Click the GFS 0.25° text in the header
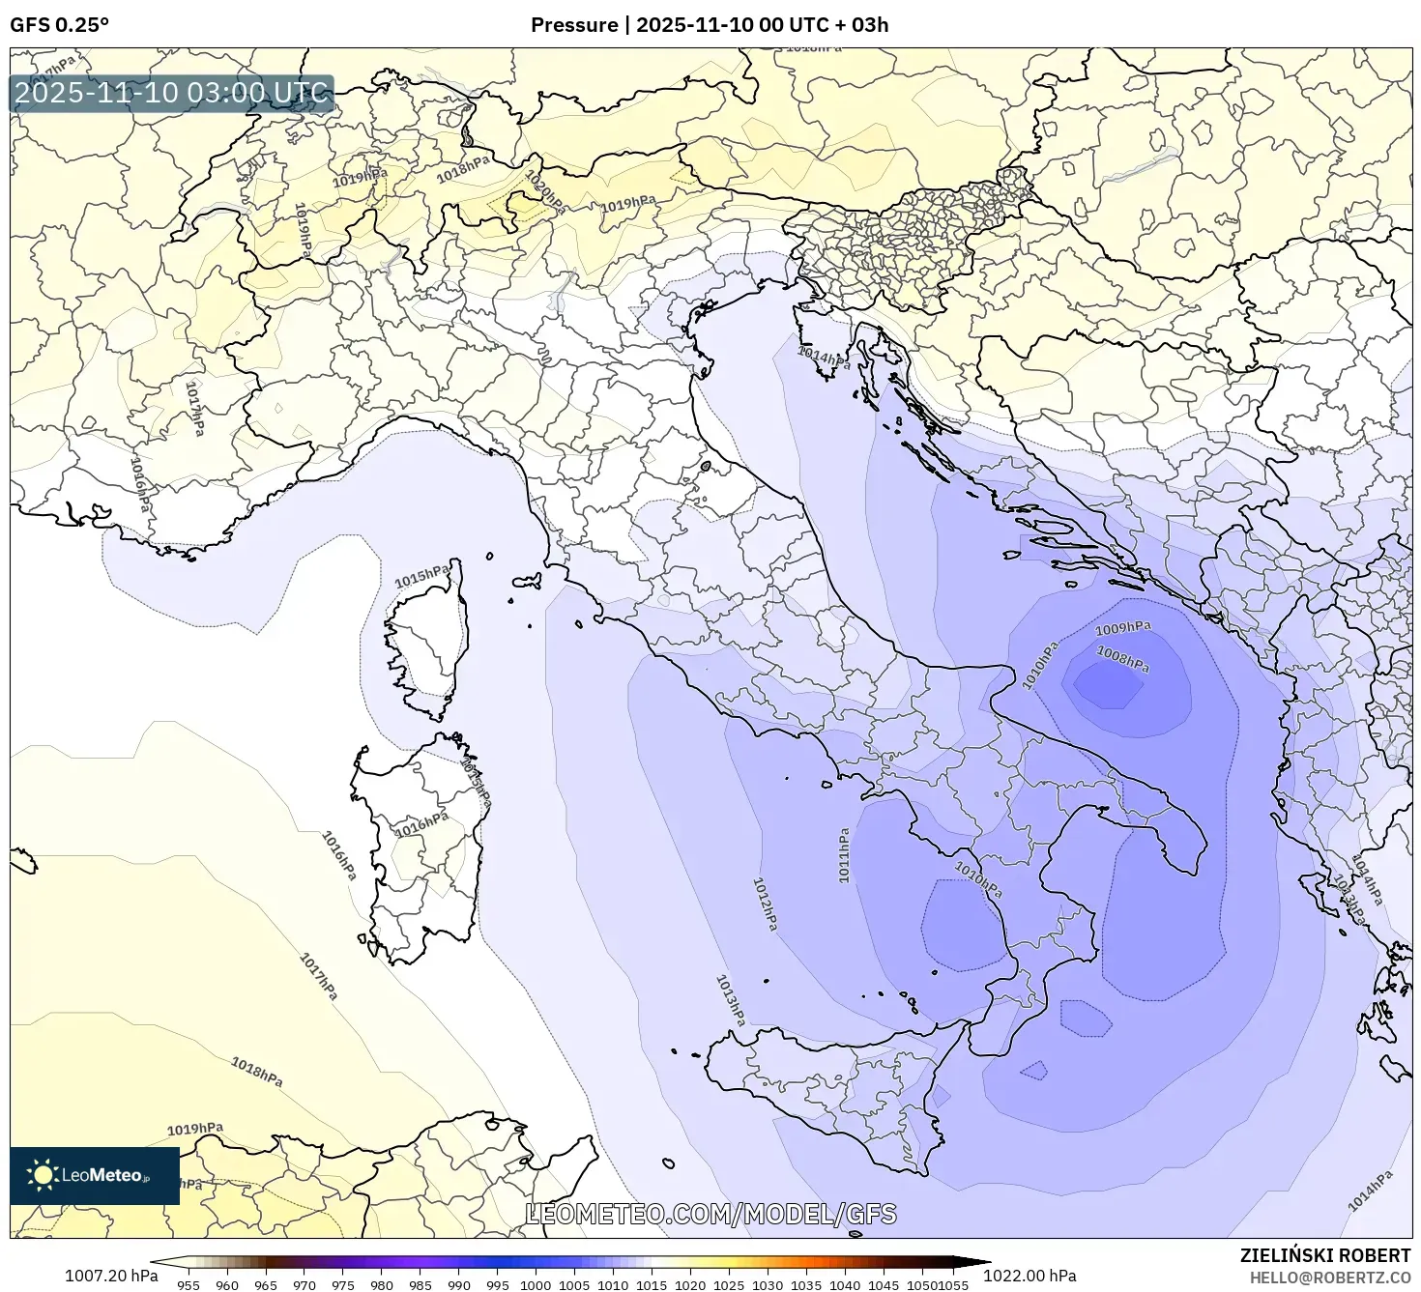coord(59,25)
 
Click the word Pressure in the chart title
coord(574,25)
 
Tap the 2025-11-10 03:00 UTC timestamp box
coord(172,94)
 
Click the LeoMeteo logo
coord(95,1175)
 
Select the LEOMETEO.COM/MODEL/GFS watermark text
coord(710,1214)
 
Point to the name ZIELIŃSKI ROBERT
coord(1325,1255)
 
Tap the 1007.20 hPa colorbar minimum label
coord(111,1276)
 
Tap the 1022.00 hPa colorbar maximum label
coord(1029,1276)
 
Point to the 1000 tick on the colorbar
coord(536,1285)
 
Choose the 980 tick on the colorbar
coord(381,1285)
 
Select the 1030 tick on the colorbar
coord(768,1285)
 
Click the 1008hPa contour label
coord(1122,659)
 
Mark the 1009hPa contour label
coord(1123,629)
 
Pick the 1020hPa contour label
coord(544,192)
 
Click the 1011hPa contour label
coord(844,855)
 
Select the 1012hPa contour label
coord(765,904)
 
